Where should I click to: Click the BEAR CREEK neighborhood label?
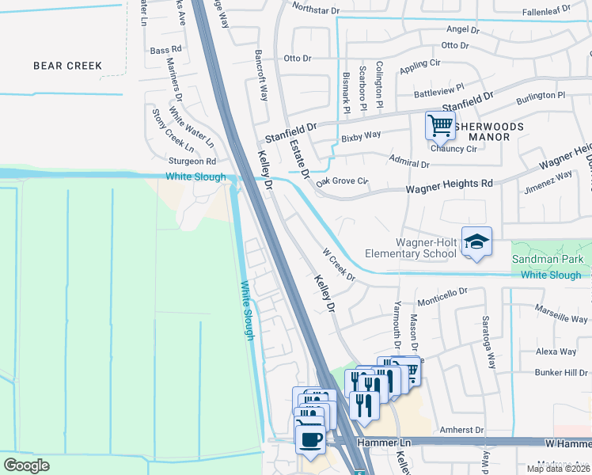(68, 66)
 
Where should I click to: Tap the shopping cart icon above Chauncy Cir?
(440, 124)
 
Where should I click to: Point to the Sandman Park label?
(548, 259)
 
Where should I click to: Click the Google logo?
(26, 465)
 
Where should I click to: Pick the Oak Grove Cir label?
(343, 182)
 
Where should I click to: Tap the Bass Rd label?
(165, 50)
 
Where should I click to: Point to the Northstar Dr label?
(315, 9)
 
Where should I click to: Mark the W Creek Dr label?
(339, 265)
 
